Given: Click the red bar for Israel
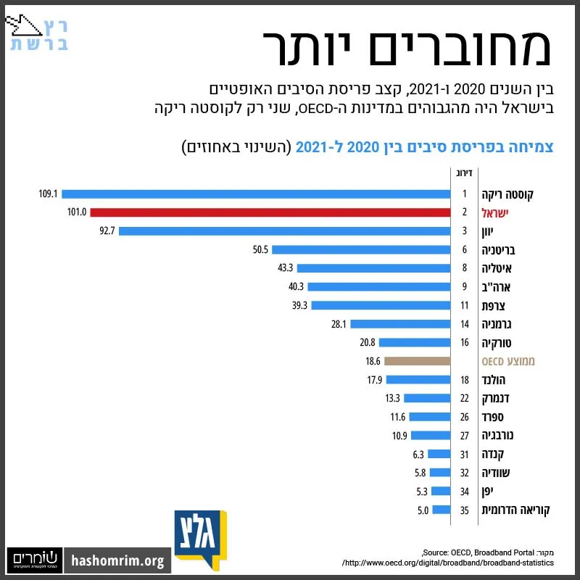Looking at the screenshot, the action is click(270, 212).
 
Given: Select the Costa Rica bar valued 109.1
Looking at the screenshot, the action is click(256, 194).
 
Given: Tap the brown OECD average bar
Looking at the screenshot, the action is click(418, 361).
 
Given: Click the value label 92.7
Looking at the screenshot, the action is click(107, 231).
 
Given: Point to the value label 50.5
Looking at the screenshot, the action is click(260, 249).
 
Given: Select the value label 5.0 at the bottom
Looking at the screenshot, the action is click(423, 510).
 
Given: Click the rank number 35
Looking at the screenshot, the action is click(465, 510).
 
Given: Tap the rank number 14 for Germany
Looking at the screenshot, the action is click(465, 324).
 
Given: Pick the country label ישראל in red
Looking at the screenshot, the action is click(495, 213).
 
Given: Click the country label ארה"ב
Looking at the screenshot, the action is click(496, 287).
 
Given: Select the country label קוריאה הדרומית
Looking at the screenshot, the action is click(515, 510).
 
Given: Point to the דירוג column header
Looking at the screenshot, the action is click(464, 173).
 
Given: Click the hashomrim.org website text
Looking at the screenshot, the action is click(117, 560).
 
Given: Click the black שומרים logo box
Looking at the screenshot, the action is click(35, 560).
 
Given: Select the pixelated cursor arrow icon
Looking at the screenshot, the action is click(23, 25).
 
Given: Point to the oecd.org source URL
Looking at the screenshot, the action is click(448, 563).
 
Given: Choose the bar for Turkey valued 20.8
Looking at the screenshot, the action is click(415, 342).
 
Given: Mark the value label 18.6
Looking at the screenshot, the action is click(373, 361).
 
